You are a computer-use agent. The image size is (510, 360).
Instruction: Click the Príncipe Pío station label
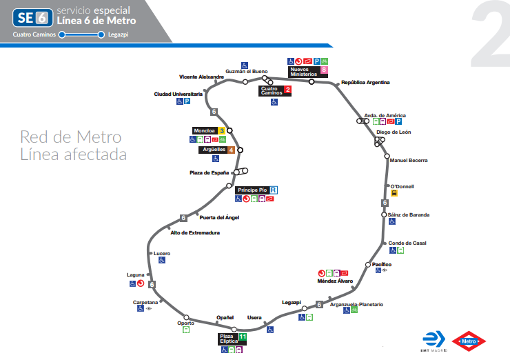(x=252, y=190)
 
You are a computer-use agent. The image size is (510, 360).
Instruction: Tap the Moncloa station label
(x=205, y=130)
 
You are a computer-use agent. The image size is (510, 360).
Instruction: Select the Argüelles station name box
(x=213, y=150)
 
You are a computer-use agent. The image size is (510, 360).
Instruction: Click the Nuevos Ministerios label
(x=303, y=72)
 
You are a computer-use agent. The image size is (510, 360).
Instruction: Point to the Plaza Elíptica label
(x=228, y=339)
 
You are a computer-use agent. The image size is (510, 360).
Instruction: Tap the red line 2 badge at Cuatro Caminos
(x=287, y=90)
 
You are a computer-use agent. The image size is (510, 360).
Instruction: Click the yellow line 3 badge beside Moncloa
(x=222, y=130)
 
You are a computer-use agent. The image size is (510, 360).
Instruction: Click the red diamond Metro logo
(x=469, y=341)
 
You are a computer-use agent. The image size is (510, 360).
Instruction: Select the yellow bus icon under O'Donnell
(x=394, y=194)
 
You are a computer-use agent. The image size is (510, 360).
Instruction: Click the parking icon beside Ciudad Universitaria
(x=187, y=101)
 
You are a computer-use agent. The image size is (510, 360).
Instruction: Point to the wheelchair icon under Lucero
(x=162, y=261)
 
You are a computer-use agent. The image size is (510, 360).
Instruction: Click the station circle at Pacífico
(x=368, y=265)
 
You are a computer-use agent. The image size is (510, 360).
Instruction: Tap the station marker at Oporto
(x=186, y=318)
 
